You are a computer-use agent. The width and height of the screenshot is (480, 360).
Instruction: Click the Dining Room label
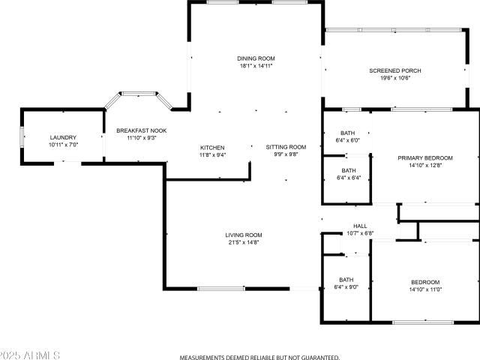(x=256, y=58)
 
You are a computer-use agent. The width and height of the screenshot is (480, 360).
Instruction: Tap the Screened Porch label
(x=395, y=70)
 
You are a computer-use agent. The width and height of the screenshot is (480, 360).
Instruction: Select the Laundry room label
(x=64, y=137)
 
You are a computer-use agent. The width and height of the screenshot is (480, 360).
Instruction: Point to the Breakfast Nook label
(x=141, y=130)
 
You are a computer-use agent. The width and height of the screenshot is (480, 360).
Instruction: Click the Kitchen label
(x=212, y=147)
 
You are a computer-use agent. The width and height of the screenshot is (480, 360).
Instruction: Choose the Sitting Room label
(x=286, y=147)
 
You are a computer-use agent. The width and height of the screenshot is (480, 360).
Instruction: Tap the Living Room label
(x=244, y=235)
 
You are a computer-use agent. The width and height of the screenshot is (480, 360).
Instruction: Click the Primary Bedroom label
(x=425, y=157)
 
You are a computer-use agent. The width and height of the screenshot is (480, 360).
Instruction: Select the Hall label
(x=360, y=226)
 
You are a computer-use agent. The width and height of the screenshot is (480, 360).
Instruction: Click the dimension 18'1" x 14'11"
(x=256, y=66)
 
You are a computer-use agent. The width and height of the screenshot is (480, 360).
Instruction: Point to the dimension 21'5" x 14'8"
(x=244, y=242)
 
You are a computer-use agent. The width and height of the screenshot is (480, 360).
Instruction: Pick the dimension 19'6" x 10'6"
(x=395, y=78)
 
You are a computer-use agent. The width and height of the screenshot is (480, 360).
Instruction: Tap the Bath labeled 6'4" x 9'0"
(x=346, y=283)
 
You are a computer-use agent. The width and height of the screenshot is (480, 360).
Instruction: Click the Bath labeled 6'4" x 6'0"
(x=347, y=136)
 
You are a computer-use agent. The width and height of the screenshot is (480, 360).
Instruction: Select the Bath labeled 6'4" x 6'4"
(x=347, y=174)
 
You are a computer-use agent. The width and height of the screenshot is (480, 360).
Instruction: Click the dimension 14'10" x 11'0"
(x=425, y=289)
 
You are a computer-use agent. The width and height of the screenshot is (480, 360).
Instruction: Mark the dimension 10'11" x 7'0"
(x=64, y=145)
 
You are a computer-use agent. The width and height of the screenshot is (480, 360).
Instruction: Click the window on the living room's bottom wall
(x=220, y=289)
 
